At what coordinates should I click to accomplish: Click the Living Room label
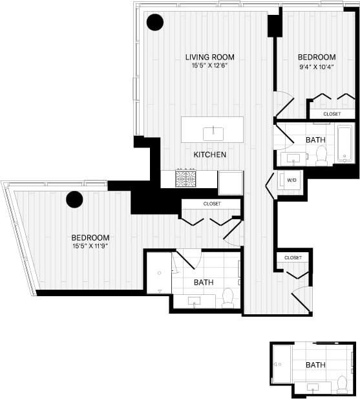tap(209, 56)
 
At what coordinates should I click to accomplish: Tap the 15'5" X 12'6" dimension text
tap(209, 65)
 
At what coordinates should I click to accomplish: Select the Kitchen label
tap(210, 155)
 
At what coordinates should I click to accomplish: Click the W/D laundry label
tap(291, 180)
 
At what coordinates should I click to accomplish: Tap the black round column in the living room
tap(154, 23)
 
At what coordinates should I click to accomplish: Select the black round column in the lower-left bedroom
tap(74, 200)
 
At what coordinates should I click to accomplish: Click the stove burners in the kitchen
tap(187, 178)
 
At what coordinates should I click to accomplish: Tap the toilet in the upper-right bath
tap(320, 154)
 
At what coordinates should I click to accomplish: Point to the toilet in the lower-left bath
tap(227, 298)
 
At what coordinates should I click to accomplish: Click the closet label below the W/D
tap(293, 257)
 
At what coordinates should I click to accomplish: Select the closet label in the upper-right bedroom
tap(332, 114)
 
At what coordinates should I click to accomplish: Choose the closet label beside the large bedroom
tap(211, 204)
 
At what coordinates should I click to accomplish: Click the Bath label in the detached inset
tap(315, 365)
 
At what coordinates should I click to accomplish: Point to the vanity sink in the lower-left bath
tap(195, 301)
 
